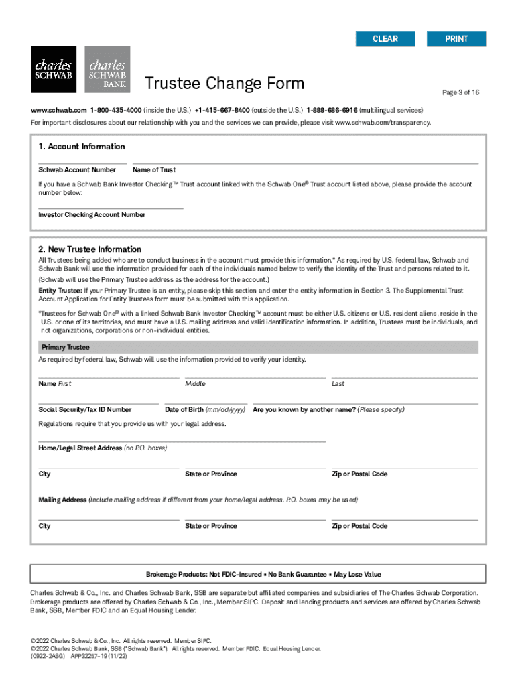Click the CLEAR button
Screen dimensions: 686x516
tap(385, 39)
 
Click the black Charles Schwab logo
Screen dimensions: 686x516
tap(54, 70)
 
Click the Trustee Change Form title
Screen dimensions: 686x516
tap(224, 84)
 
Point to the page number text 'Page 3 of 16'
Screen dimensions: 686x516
tap(460, 92)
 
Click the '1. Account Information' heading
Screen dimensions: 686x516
tap(82, 147)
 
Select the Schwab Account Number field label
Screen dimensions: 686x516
tap(77, 170)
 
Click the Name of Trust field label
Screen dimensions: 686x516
tap(154, 170)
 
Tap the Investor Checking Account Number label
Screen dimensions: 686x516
tap(92, 215)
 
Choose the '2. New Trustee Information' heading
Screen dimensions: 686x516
tap(90, 249)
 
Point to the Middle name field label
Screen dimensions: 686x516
tap(195, 384)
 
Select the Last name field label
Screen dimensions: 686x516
tap(338, 384)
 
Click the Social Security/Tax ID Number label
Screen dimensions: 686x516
tap(85, 409)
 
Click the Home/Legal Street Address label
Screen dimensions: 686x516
tap(80, 448)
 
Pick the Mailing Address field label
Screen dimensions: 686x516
tap(62, 500)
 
